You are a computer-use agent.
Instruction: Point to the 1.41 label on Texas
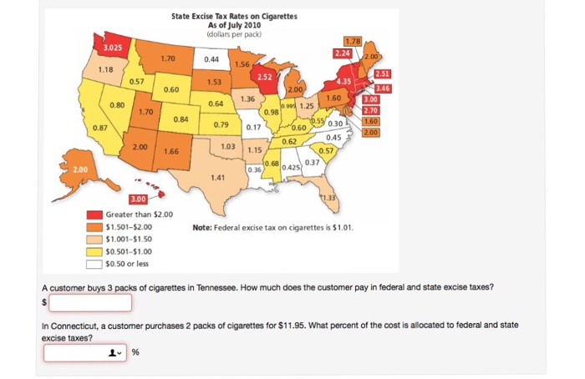click(x=218, y=177)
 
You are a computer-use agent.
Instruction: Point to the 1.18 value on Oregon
click(x=106, y=69)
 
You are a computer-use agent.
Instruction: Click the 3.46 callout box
click(x=383, y=88)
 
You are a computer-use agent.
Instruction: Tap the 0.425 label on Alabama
click(x=291, y=168)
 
